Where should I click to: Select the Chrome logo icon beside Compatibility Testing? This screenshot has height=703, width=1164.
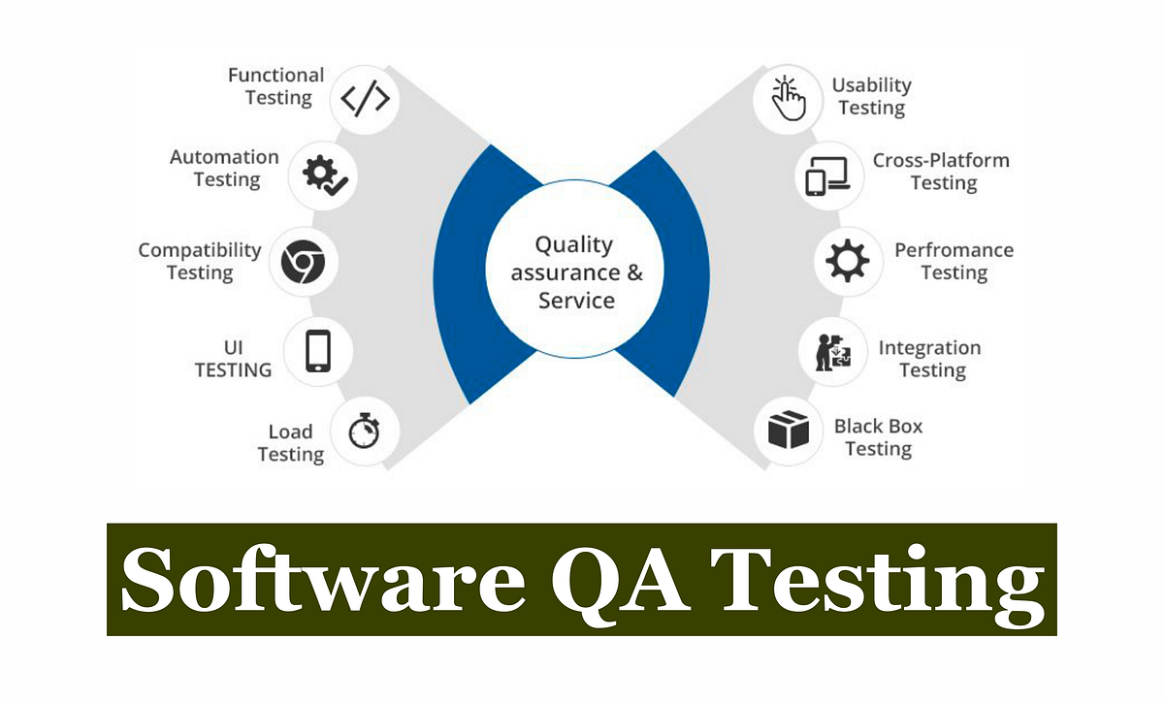[x=304, y=262]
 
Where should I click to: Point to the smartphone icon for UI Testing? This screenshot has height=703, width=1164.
[x=318, y=350]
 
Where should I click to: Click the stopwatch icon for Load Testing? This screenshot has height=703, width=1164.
[x=364, y=431]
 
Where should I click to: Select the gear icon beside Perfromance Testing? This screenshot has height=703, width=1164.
[x=848, y=261]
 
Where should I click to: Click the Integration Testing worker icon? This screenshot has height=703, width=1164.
[x=832, y=351]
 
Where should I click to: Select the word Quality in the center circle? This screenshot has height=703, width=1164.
[x=574, y=244]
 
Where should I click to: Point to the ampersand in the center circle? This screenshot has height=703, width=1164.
[x=634, y=272]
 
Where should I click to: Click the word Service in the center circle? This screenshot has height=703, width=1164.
[x=576, y=301]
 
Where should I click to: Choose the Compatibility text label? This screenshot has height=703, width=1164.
[x=200, y=250]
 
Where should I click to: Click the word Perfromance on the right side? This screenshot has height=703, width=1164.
[x=954, y=250]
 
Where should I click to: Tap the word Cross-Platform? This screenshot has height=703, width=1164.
[x=941, y=160]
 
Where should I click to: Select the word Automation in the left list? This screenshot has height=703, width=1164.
[x=224, y=157]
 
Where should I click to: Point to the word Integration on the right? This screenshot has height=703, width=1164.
[x=929, y=347]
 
